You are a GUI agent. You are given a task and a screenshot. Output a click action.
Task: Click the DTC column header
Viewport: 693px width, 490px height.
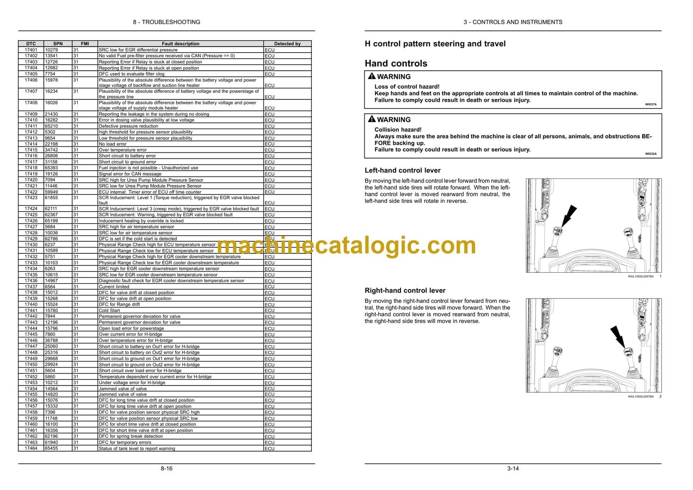click(x=31, y=44)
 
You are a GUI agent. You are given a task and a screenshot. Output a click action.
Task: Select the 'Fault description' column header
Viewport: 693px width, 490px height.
click(x=181, y=44)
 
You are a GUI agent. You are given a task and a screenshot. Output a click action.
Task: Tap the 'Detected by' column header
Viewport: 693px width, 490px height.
click(x=287, y=44)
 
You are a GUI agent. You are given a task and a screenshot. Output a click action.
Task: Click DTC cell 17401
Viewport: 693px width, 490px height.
click(x=31, y=50)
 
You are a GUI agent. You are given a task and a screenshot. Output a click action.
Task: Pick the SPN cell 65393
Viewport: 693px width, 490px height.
click(x=51, y=168)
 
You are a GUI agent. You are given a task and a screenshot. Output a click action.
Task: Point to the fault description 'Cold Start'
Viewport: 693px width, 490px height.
click(x=109, y=311)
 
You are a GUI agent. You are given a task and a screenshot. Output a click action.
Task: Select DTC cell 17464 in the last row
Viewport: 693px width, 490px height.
click(x=31, y=448)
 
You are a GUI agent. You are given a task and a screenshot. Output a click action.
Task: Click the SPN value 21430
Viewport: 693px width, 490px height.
click(x=51, y=114)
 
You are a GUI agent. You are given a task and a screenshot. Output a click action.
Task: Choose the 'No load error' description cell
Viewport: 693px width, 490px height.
click(x=113, y=144)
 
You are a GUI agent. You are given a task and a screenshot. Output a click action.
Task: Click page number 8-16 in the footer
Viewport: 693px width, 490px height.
click(x=166, y=469)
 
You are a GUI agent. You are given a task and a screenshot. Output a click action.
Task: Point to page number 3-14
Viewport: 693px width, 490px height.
click(x=513, y=469)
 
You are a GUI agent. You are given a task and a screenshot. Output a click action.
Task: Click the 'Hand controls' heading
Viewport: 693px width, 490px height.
click(x=396, y=64)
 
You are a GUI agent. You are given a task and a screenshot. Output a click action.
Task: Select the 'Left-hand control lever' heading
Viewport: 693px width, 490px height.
click(x=402, y=171)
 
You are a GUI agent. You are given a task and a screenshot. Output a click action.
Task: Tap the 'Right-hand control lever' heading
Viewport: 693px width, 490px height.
click(x=405, y=291)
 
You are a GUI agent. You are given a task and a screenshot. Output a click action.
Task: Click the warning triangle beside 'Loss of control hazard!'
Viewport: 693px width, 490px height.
click(x=371, y=76)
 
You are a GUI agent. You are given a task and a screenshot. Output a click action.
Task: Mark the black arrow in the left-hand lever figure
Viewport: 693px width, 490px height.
click(x=569, y=216)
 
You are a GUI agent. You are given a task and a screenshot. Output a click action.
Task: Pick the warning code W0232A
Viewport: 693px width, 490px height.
click(x=650, y=154)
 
